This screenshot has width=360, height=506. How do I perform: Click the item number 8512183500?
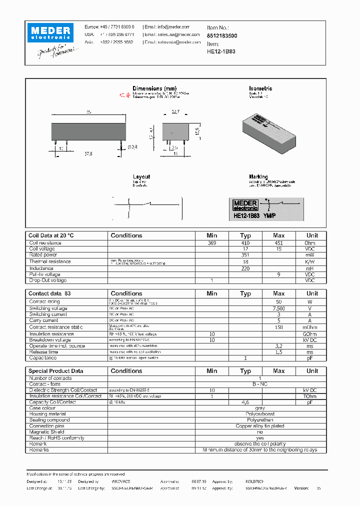point(221,36)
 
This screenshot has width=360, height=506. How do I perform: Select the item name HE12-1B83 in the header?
point(221,51)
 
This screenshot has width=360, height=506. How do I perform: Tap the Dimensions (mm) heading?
point(154,88)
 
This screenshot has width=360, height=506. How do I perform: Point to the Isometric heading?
point(260,88)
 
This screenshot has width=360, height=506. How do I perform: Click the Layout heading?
point(141,177)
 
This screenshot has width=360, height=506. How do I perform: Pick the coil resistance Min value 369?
point(212,242)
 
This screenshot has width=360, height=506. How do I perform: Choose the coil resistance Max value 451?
point(278,242)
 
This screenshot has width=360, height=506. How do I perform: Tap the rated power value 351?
point(245,255)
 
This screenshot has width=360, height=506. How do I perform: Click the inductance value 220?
point(245,268)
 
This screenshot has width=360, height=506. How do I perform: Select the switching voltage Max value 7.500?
point(278,308)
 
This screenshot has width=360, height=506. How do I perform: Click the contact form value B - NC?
point(259,384)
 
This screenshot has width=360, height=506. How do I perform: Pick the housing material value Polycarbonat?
point(259,414)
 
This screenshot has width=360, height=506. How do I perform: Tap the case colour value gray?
point(259,408)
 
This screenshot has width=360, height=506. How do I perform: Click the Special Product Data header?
point(55,371)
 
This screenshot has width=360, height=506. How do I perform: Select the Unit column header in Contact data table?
point(312,293)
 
